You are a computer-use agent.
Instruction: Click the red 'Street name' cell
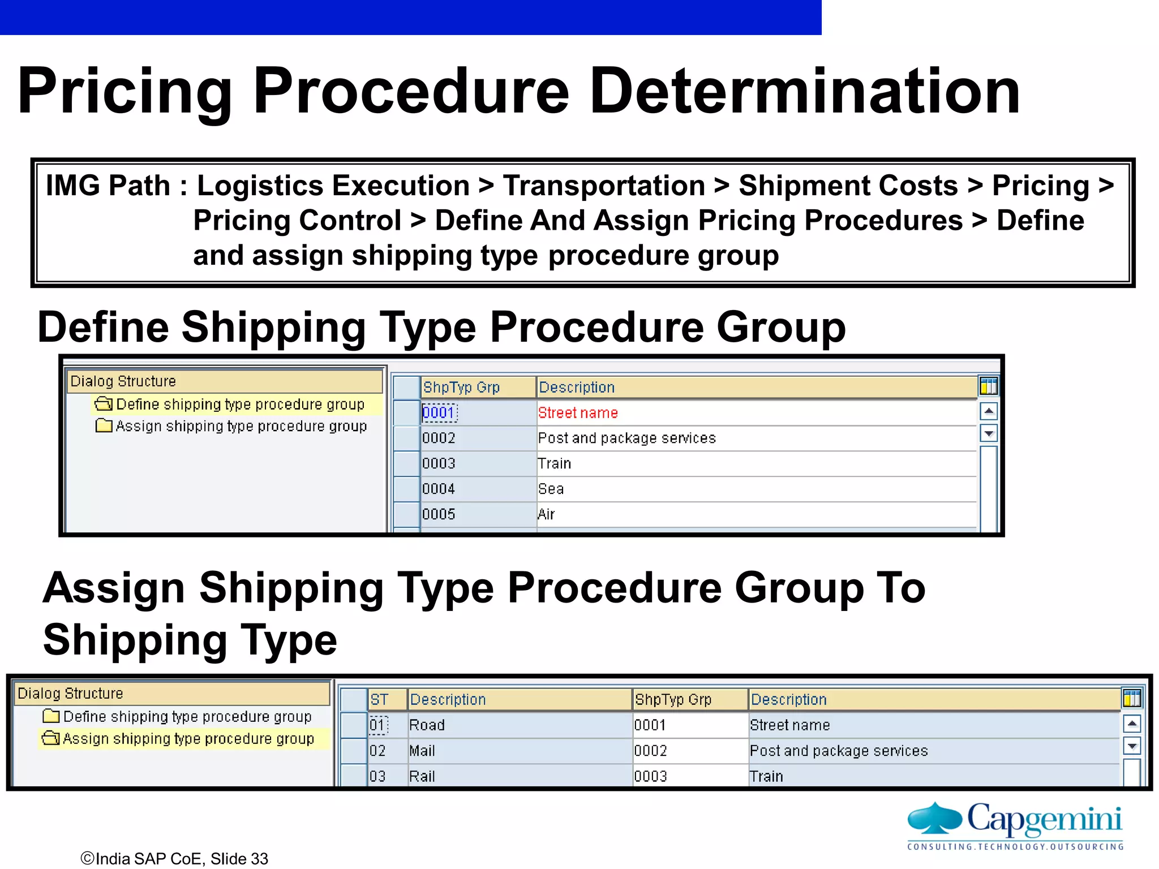point(578,413)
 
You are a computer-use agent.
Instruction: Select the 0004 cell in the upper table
point(439,489)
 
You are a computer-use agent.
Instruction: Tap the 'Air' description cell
point(547,514)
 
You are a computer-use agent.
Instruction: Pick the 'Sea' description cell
point(551,489)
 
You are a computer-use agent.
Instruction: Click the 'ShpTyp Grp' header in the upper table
point(462,388)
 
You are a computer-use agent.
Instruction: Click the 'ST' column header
point(379,700)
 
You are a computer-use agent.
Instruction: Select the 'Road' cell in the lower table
point(427,725)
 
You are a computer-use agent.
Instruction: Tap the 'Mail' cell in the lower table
point(422,751)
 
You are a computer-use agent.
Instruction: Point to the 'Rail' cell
point(422,776)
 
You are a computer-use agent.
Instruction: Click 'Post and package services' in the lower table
point(839,751)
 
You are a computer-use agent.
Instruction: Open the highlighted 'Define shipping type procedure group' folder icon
point(104,404)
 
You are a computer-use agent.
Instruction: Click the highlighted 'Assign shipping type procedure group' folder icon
point(51,738)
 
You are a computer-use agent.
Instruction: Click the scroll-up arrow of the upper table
point(989,411)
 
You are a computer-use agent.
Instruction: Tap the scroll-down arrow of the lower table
point(1132,746)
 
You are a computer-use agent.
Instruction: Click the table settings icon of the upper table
point(989,387)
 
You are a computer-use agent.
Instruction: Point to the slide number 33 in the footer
point(259,859)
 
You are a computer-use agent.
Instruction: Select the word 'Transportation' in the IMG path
point(604,186)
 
